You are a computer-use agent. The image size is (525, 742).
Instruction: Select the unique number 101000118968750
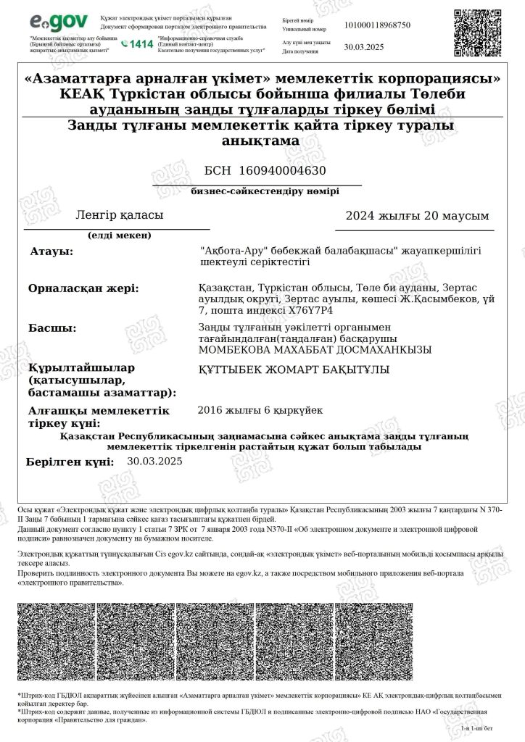[x=377, y=25]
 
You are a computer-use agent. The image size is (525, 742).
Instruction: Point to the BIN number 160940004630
[x=265, y=171]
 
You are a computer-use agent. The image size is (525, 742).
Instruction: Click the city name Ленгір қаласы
[x=120, y=215]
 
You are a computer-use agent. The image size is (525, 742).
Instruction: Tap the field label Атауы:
[x=51, y=251]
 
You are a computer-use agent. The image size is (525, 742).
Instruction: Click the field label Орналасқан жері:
[x=83, y=288]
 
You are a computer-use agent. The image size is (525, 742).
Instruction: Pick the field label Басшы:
[x=52, y=328]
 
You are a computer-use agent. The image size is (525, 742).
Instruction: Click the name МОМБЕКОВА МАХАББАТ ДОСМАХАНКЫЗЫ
[x=315, y=350]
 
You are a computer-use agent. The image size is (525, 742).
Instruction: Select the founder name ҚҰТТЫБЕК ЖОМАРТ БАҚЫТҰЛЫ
[x=294, y=370]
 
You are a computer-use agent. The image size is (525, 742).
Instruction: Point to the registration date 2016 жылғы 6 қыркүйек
[x=260, y=411]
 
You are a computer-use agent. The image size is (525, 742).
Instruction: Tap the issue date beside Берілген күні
[x=154, y=461]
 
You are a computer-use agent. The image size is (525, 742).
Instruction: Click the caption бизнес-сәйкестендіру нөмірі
[x=265, y=192]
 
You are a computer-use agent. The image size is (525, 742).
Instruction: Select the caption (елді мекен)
[x=119, y=235]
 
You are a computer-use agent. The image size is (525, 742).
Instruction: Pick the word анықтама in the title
[x=260, y=141]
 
